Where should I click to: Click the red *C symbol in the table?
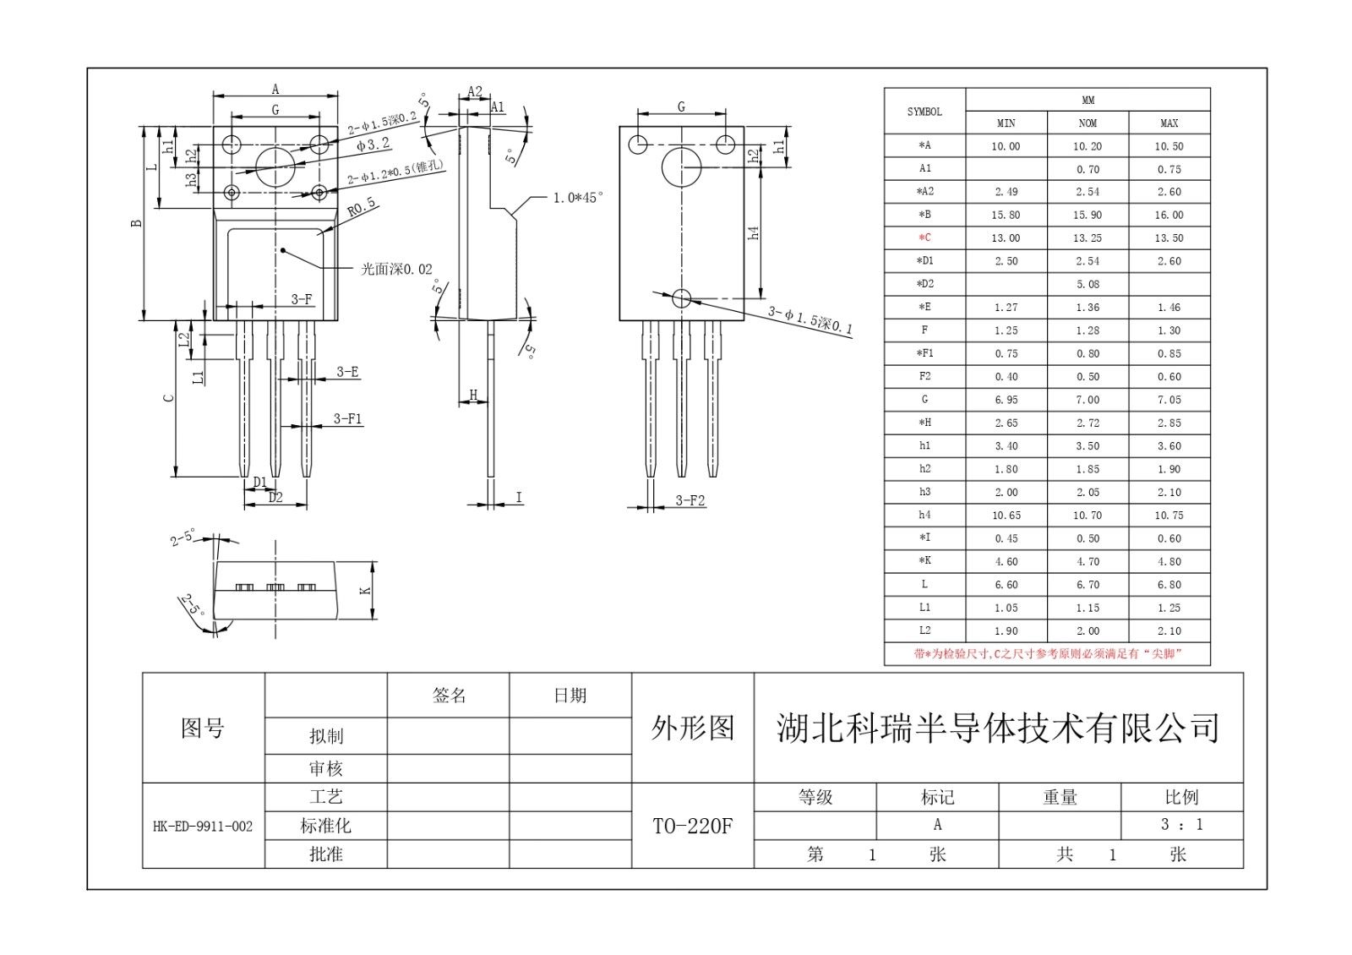[924, 237]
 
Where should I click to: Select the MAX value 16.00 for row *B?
[1169, 215]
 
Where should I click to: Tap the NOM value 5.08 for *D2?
[1088, 284]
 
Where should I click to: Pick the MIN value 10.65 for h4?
[1006, 515]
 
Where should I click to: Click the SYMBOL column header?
[924, 112]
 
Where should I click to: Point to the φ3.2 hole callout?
[373, 145]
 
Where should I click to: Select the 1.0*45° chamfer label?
[578, 198]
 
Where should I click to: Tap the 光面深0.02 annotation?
[396, 269]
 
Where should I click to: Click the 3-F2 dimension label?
[690, 500]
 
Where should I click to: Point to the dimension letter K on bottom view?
[366, 590]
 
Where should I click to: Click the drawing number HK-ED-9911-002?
[203, 827]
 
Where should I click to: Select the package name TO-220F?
[692, 826]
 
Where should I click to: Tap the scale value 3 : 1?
[1181, 825]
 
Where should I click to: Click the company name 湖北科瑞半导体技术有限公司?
[998, 728]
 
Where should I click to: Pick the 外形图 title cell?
[692, 728]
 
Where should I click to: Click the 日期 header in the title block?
[570, 696]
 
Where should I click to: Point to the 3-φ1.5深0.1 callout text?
[810, 320]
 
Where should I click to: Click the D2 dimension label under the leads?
[275, 498]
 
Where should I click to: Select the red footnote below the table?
[1047, 653]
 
